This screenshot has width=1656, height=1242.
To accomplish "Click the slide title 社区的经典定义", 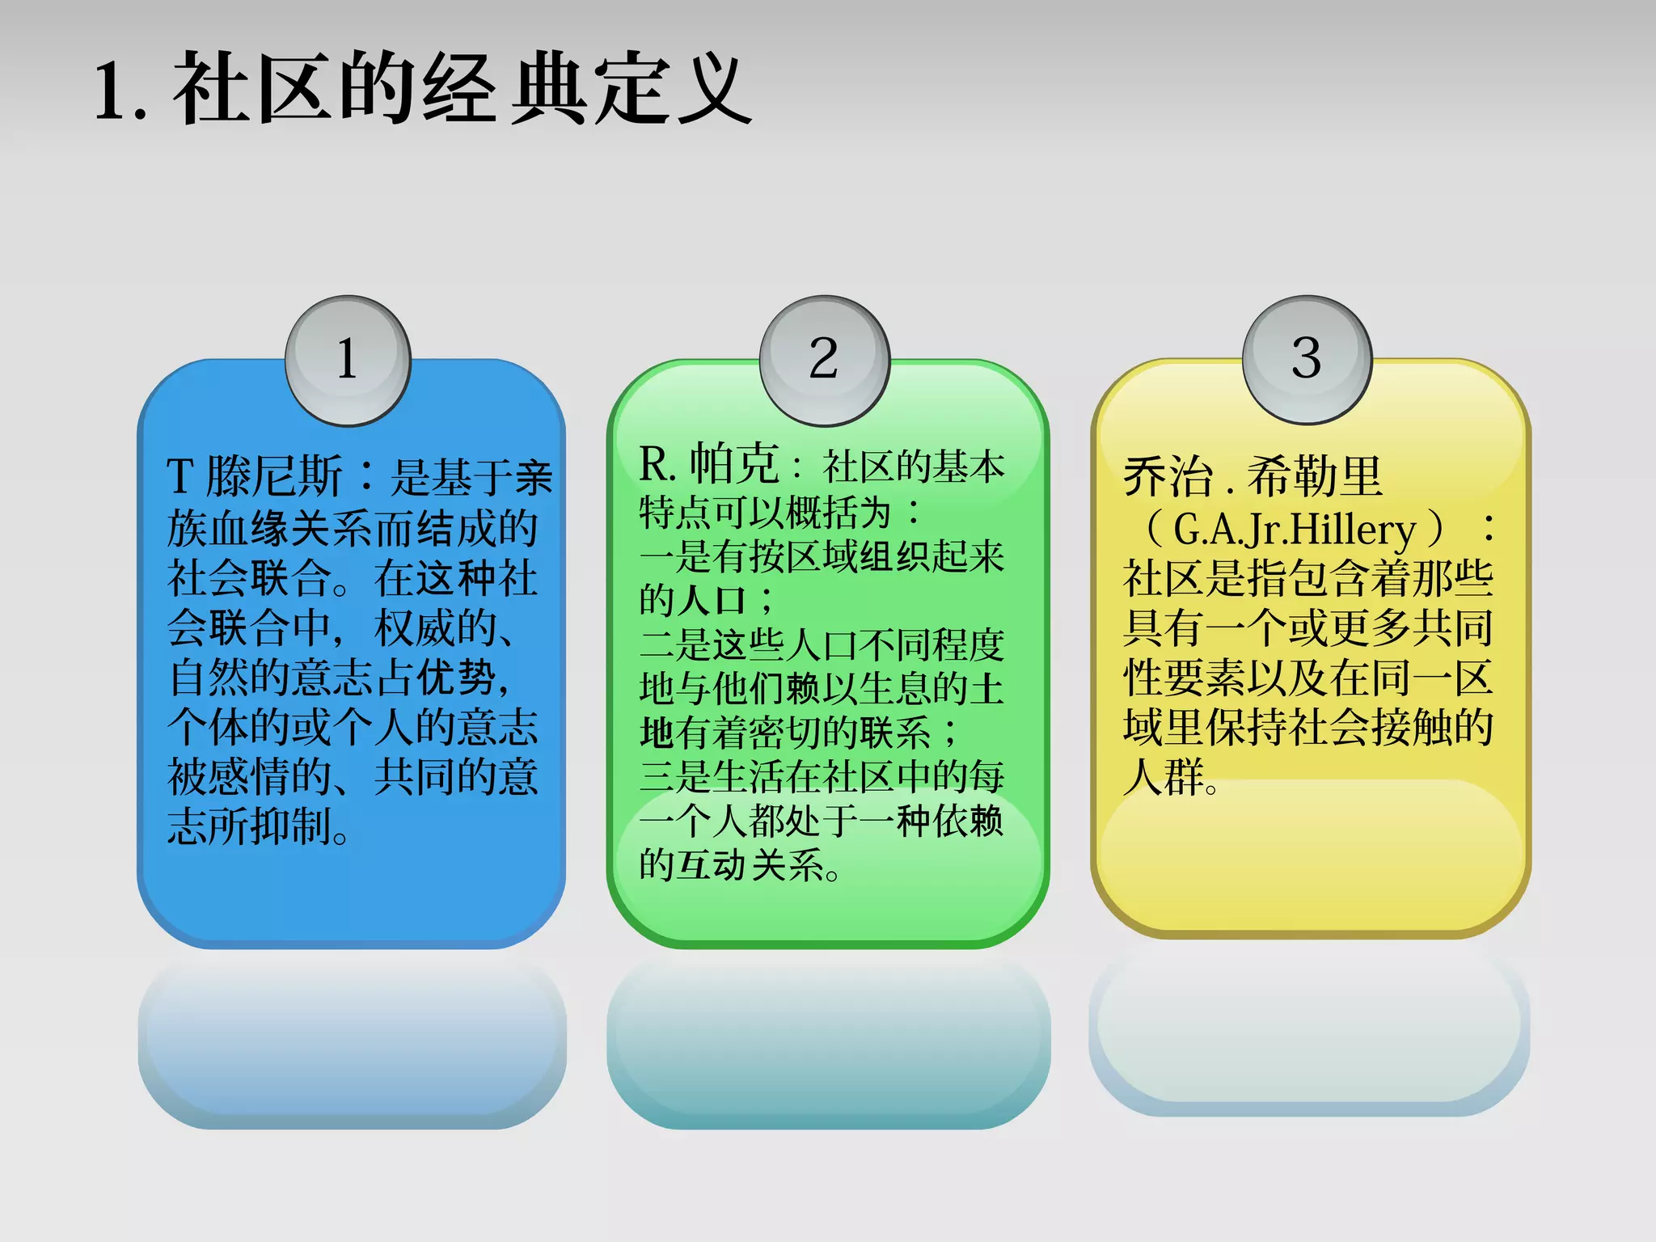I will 461,89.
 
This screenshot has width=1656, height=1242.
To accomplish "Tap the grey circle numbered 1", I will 348,360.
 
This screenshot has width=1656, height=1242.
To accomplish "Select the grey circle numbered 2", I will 824,360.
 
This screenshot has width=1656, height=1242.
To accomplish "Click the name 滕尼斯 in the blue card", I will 274,476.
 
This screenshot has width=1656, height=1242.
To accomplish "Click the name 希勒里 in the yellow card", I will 1315,477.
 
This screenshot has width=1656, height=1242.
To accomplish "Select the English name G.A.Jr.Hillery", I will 1295,530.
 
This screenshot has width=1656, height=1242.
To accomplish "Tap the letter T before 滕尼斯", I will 180,477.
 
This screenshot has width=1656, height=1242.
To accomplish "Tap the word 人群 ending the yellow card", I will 1164,777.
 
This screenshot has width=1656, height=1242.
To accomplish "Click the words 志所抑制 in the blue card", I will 251,826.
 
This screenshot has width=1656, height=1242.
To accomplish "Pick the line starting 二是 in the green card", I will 822,645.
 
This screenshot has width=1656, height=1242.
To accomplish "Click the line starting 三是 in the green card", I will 822,777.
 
